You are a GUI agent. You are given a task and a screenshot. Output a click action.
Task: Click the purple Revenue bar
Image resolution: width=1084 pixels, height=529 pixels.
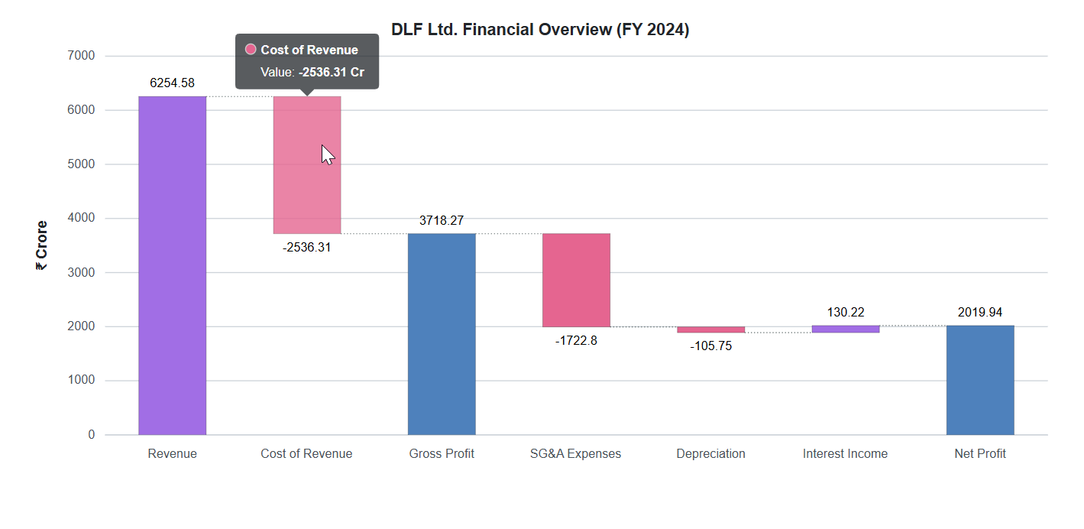point(172,265)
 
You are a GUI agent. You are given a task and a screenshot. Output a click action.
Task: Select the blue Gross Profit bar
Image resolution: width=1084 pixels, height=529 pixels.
point(442,334)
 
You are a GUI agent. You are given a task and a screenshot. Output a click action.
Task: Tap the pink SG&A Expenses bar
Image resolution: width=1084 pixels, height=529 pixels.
point(576,280)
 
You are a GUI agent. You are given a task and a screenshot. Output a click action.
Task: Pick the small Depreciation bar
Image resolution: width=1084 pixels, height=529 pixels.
point(710,329)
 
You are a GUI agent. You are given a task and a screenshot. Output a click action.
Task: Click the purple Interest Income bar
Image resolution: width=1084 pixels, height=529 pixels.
point(845,329)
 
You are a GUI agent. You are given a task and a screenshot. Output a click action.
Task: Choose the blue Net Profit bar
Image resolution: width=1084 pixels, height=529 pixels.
point(980,380)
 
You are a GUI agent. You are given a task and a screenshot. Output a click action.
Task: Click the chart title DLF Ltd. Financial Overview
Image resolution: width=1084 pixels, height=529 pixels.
point(540,30)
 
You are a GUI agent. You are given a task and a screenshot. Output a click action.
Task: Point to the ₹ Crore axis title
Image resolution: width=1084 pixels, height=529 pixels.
point(41,245)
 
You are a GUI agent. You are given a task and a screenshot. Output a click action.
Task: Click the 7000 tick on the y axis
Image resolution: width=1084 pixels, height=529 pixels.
point(80,56)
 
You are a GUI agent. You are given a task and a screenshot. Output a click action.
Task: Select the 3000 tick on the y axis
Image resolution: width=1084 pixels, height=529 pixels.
point(80,272)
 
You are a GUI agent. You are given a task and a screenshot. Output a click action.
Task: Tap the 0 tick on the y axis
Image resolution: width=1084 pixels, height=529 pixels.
point(91,435)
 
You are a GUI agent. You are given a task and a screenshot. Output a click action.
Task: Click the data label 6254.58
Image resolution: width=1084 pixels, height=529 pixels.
point(172,83)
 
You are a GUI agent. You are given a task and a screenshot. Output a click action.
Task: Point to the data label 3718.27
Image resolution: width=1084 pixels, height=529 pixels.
point(442,220)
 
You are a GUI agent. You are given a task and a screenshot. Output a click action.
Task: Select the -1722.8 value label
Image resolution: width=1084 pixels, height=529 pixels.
point(576,341)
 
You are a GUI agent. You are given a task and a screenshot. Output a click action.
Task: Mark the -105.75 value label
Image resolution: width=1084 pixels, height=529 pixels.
point(710,346)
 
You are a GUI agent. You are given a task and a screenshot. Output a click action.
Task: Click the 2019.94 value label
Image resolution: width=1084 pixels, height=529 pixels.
point(980,312)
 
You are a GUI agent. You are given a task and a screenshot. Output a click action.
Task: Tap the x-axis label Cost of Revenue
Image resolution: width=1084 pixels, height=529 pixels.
point(306,454)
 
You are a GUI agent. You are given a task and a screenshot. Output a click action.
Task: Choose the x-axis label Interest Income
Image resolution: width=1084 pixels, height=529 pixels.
point(845,454)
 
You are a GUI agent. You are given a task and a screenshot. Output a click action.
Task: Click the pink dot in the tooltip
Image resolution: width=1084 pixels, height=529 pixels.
point(251,50)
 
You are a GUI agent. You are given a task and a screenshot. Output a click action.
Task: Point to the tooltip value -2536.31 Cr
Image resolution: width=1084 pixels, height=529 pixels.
point(332,72)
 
